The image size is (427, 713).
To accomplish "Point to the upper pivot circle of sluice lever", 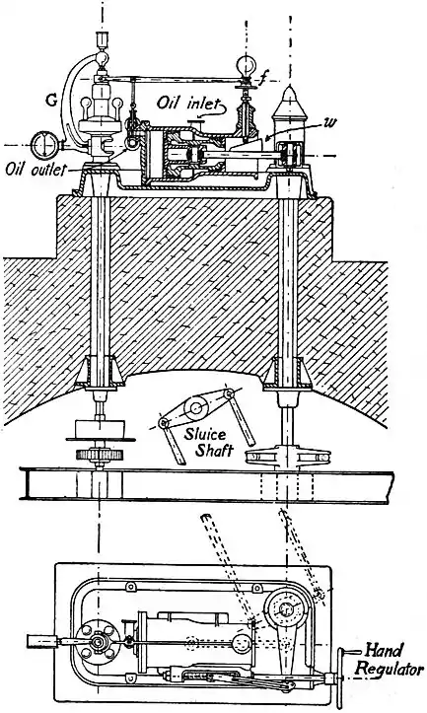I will click(196, 403).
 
